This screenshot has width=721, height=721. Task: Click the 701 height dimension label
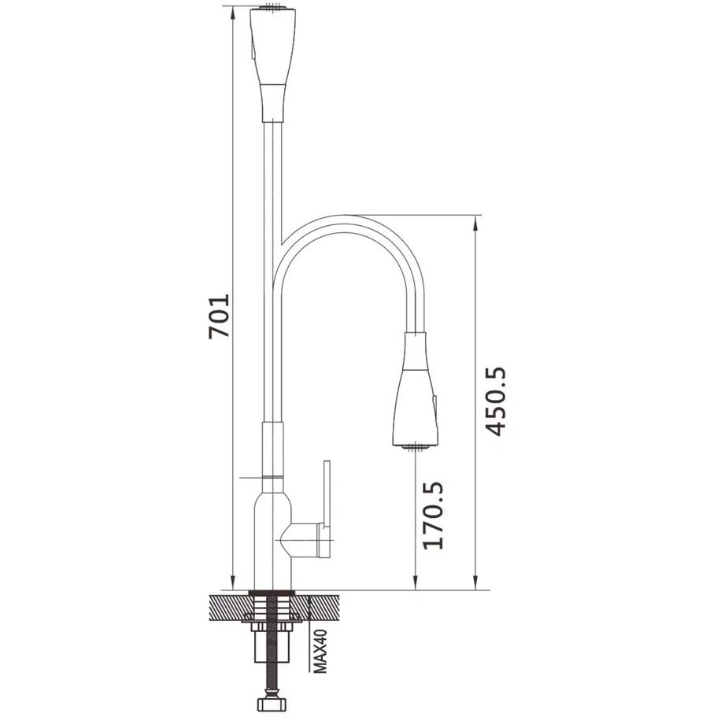pyautogui.click(x=219, y=316)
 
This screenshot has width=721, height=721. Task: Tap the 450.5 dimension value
pyautogui.click(x=496, y=401)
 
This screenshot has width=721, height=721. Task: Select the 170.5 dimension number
pyautogui.click(x=433, y=515)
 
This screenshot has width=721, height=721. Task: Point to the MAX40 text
pyautogui.click(x=320, y=651)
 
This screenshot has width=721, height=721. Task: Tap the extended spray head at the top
pyautogui.click(x=272, y=65)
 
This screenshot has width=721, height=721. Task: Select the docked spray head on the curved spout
pyautogui.click(x=416, y=389)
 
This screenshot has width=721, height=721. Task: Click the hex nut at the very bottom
pyautogui.click(x=272, y=704)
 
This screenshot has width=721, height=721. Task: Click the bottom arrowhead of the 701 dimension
pyautogui.click(x=233, y=582)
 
